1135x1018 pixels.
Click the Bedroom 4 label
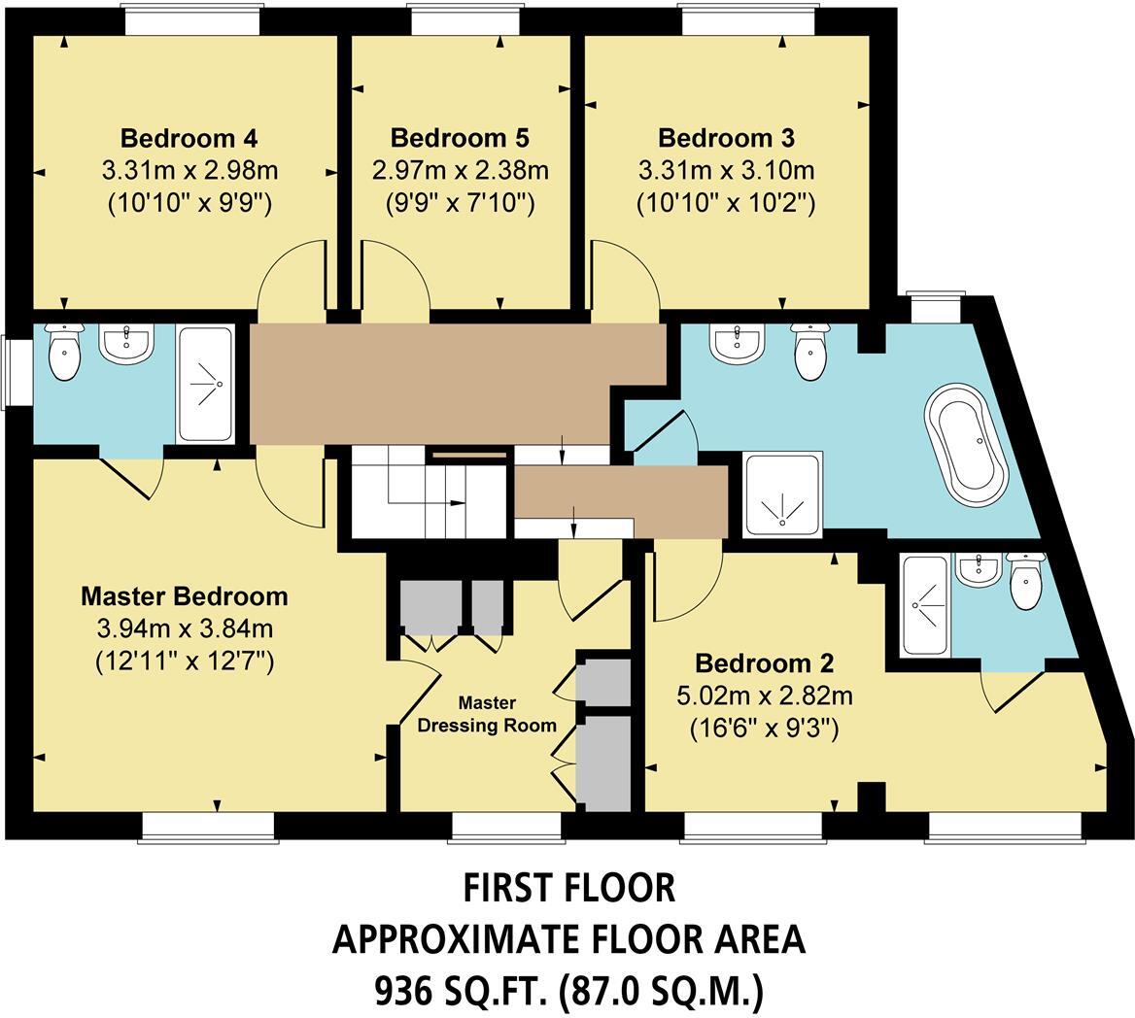(x=189, y=137)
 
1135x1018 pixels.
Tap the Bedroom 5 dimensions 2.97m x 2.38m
(x=461, y=171)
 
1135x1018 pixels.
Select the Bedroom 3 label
(x=726, y=137)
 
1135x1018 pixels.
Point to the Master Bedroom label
(x=185, y=595)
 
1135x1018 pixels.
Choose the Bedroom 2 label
(x=764, y=663)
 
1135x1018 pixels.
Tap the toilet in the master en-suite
(x=64, y=355)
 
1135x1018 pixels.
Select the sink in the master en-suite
(x=126, y=344)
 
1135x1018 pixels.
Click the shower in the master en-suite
(x=205, y=384)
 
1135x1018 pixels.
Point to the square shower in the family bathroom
(x=782, y=493)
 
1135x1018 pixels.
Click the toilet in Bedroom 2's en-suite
(x=1025, y=581)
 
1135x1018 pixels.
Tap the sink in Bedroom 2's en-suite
(x=977, y=569)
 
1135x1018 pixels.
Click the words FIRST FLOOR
(x=568, y=887)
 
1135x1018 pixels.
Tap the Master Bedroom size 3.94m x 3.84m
(x=185, y=628)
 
